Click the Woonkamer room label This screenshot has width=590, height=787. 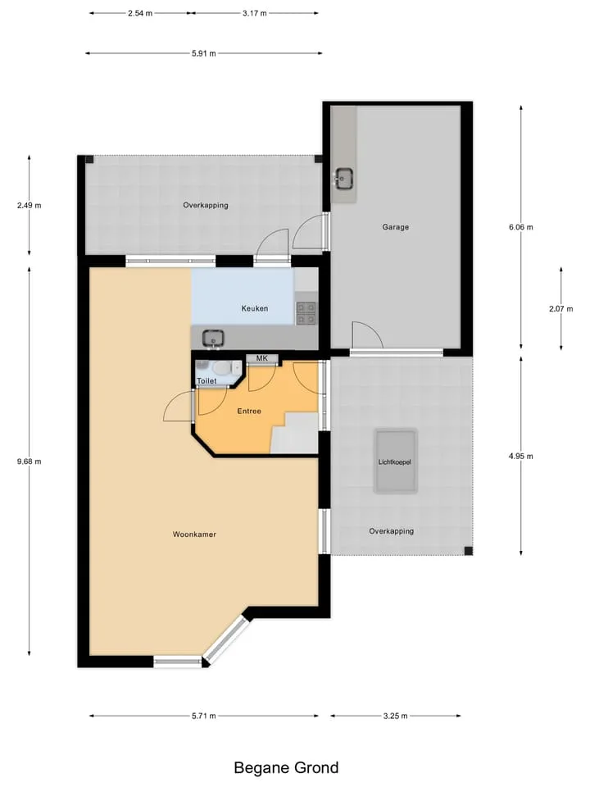coord(194,535)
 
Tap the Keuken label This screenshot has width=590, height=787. coord(254,309)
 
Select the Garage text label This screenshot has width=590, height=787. coord(395,227)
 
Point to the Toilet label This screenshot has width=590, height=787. coord(206,381)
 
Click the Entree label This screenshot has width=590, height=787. coord(249,411)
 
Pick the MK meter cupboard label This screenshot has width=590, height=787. coord(262,358)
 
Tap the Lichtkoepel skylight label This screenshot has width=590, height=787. coord(395,462)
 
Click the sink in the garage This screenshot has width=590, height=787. coord(344,179)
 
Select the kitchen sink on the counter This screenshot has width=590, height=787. coord(213,339)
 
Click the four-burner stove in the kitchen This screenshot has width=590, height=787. coord(306,313)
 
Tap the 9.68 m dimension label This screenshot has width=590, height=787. coord(29,462)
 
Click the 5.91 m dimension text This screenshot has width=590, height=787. coord(204,53)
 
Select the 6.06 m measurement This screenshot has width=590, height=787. coord(521,227)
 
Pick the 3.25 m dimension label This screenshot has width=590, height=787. coord(395,716)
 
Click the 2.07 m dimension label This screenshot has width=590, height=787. coord(560,309)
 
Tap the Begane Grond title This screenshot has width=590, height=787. coord(286,768)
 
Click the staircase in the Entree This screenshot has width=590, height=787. coord(294,433)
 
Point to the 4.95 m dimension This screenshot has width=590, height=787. coord(521,457)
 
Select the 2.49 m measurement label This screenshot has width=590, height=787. coord(29,205)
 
